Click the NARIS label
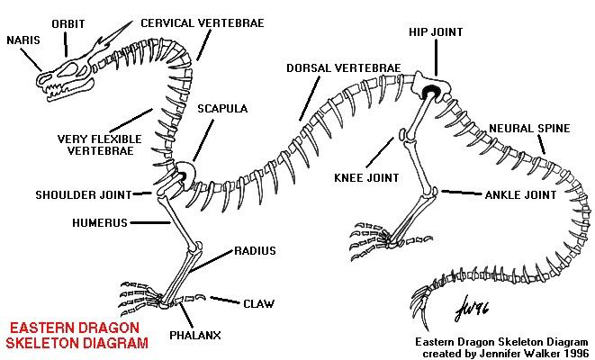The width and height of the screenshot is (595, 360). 23,40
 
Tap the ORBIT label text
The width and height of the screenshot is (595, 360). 68,24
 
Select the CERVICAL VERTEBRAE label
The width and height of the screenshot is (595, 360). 203,23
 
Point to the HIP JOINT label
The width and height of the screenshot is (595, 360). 436,32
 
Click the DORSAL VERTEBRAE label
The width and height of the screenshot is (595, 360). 344,68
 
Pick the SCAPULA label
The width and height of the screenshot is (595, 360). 222,109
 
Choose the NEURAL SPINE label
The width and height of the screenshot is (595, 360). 529,129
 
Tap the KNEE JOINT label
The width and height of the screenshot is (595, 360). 366,178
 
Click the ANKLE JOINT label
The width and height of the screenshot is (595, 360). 520,195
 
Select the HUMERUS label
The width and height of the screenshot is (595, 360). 100,222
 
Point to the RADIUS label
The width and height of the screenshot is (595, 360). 255,251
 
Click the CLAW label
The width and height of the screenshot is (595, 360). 259,304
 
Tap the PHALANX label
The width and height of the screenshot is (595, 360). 195,336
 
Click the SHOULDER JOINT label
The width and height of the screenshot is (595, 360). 84,195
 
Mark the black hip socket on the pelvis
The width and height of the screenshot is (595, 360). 429,92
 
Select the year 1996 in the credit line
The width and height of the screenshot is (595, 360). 576,354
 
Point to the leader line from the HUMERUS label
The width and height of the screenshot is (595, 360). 150,222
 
